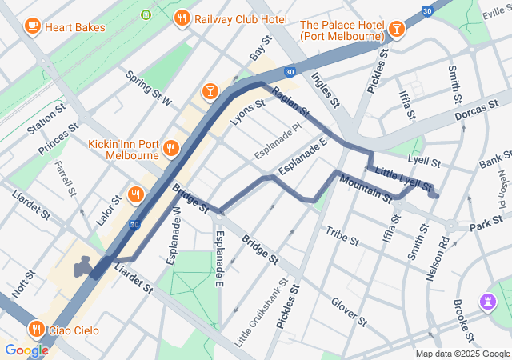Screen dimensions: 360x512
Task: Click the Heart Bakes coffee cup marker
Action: (x=33, y=26)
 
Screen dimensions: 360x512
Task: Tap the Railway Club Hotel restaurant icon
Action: (x=182, y=18)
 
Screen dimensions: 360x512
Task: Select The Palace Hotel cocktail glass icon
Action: (x=396, y=30)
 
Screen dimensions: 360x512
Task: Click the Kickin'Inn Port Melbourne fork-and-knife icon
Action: (x=170, y=148)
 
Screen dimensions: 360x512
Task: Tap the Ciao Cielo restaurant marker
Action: (x=36, y=328)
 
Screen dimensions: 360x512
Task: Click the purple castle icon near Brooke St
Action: (x=487, y=301)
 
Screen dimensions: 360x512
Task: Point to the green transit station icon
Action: (x=146, y=14)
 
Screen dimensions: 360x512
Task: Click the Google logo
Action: (x=26, y=350)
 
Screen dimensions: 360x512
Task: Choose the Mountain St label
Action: (x=365, y=188)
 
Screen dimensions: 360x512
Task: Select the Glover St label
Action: (x=348, y=311)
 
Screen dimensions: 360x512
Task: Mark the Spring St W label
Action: (x=150, y=89)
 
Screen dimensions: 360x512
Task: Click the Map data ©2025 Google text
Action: (x=462, y=354)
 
